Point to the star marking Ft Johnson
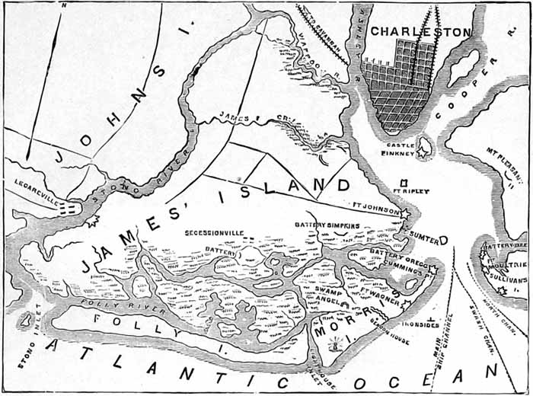click(404, 213)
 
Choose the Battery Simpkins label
click(325, 225)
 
